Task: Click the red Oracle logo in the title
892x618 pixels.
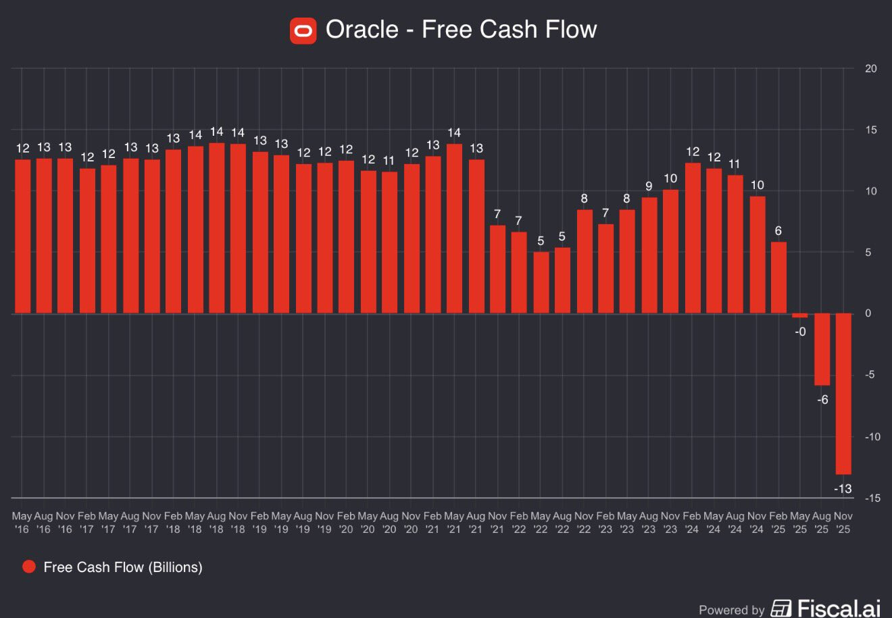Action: (303, 30)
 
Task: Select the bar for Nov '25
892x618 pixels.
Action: (843, 394)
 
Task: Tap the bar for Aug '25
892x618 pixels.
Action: (822, 349)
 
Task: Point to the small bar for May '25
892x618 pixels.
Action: (800, 315)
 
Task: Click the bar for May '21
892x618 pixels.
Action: (454, 228)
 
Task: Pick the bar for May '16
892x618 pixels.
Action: (22, 236)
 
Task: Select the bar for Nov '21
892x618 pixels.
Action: (497, 269)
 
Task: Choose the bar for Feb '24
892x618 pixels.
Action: (692, 238)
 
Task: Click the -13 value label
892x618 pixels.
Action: (843, 488)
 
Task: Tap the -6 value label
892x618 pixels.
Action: (822, 400)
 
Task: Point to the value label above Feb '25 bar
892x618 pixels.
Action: (778, 231)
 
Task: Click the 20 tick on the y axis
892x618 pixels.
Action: (871, 68)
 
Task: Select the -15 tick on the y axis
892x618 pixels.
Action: (872, 498)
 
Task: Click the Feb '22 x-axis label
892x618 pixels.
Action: (519, 522)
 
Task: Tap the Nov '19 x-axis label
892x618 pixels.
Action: (324, 522)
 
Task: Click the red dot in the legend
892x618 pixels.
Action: (29, 567)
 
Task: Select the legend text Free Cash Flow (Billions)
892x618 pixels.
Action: (123, 567)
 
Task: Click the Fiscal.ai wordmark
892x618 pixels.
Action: (839, 609)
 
